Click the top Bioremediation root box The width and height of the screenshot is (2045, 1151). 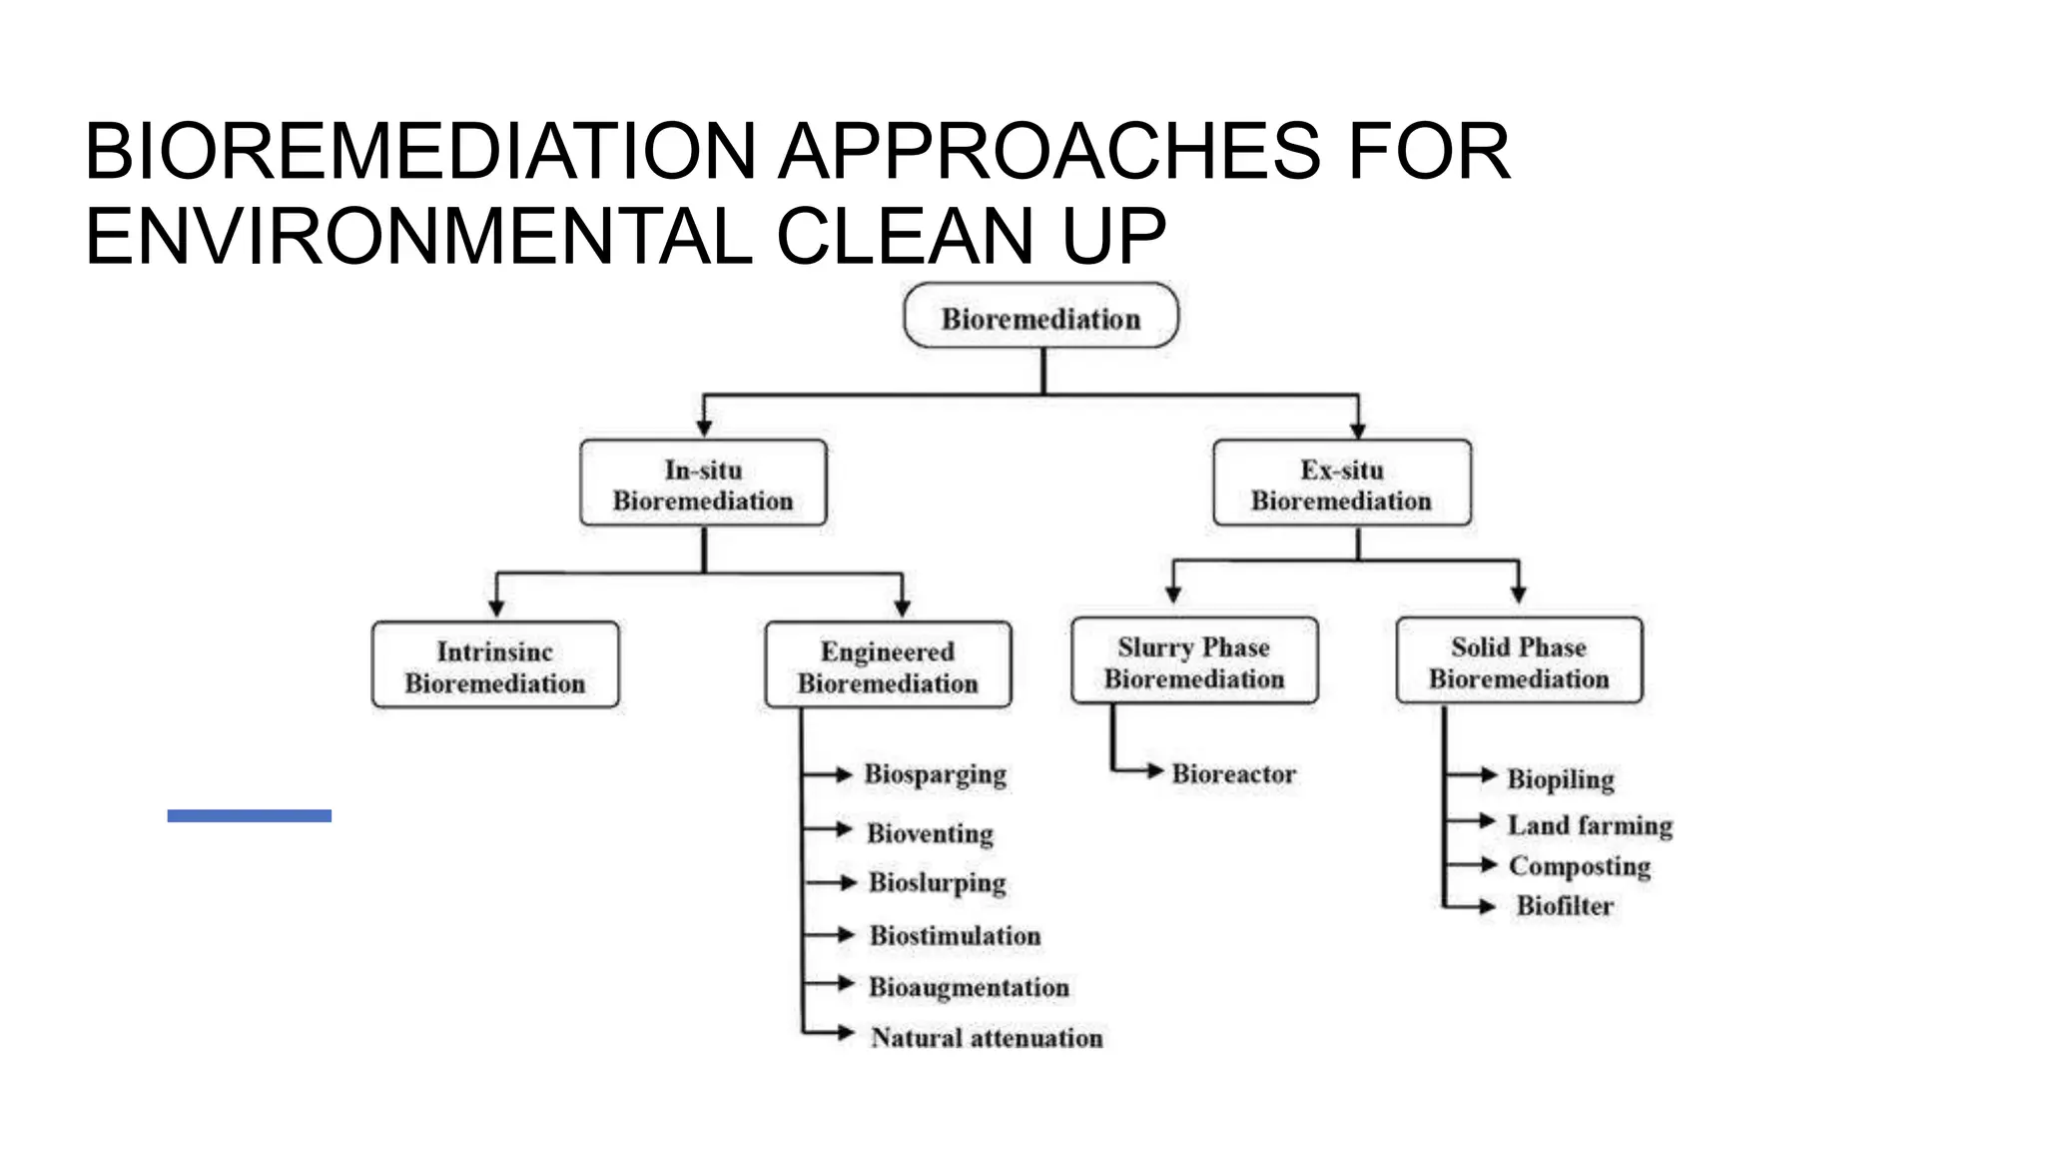1040,317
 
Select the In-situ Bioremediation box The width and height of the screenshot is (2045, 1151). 703,485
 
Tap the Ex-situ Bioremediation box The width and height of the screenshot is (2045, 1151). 1341,485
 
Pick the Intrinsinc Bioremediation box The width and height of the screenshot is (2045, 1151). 494,666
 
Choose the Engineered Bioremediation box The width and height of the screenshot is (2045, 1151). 888,666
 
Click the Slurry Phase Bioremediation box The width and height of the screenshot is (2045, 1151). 1194,661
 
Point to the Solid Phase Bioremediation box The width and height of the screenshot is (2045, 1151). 1519,661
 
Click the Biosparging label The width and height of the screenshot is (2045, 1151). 935,774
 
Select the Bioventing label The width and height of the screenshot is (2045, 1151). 930,832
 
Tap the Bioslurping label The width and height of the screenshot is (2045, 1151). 937,882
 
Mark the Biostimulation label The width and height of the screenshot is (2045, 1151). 955,935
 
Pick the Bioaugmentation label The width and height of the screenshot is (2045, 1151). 969,987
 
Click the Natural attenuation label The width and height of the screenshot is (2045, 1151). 987,1038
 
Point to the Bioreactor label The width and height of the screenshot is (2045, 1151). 1233,773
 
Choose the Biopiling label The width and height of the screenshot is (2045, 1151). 1560,778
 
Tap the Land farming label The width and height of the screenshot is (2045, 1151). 1590,825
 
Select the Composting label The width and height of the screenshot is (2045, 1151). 1579,865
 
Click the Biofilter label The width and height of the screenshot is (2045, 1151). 1565,906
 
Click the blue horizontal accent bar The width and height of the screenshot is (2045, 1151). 249,815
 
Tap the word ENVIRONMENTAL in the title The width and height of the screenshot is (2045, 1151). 419,237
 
